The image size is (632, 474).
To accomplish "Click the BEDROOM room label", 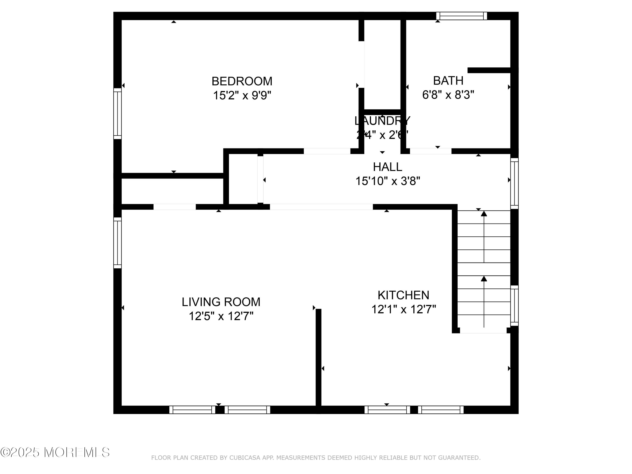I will [x=242, y=82].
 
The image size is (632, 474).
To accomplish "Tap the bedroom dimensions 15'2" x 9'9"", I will [x=242, y=95].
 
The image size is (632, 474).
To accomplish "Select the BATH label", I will [x=448, y=81].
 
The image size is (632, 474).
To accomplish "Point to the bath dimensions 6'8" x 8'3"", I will [x=448, y=95].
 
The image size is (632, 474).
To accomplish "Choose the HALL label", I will [x=387, y=167].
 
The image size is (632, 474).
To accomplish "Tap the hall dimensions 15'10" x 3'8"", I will [x=387, y=181].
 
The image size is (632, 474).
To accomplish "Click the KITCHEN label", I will [x=403, y=295].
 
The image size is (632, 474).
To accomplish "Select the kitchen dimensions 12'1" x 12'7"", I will [x=403, y=309].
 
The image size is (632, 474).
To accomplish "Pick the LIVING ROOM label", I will [x=221, y=302].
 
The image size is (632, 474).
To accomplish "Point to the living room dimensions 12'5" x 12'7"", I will [x=221, y=316].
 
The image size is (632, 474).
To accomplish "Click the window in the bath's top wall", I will [x=461, y=16].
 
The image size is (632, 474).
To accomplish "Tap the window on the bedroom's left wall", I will [x=117, y=113].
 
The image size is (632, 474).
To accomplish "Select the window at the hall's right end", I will [x=514, y=183].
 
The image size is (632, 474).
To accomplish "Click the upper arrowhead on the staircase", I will [x=484, y=213].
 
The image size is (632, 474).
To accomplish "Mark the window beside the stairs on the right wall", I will [x=514, y=305].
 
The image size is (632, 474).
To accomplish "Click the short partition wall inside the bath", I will [x=489, y=70].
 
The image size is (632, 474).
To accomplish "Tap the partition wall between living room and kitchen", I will [x=318, y=357].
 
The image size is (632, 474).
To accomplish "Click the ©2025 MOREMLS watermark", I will [x=55, y=452].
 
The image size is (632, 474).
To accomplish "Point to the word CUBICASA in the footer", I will [x=245, y=458].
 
